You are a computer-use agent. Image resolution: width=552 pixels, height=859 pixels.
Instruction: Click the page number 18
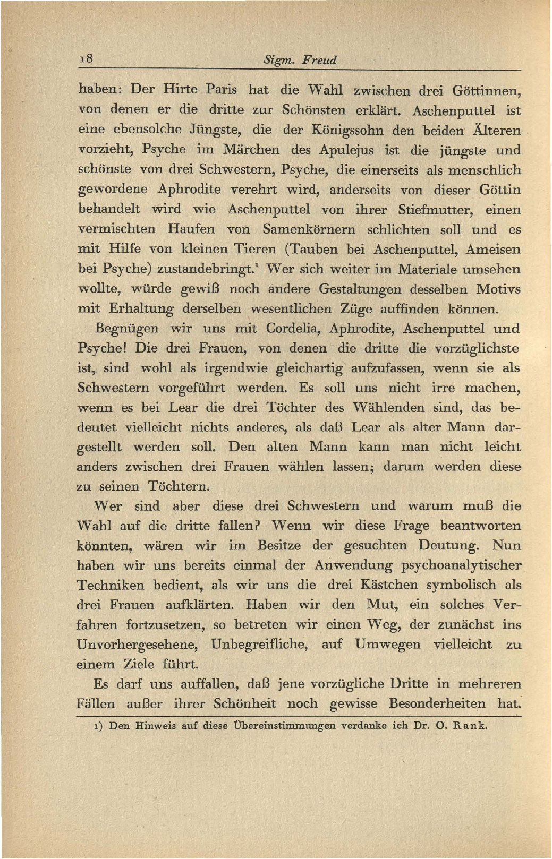(x=86, y=59)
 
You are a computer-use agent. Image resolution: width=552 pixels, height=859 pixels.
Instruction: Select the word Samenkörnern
(x=309, y=230)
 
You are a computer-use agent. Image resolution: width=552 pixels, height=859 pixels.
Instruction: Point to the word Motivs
(x=498, y=289)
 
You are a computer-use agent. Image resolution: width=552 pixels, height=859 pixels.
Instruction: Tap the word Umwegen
(x=387, y=645)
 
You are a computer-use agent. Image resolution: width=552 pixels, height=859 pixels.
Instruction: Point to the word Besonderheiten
(x=437, y=704)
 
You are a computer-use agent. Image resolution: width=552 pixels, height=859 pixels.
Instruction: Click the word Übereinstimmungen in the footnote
(x=284, y=726)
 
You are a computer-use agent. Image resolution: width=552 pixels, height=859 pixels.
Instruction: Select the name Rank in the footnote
(x=469, y=726)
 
